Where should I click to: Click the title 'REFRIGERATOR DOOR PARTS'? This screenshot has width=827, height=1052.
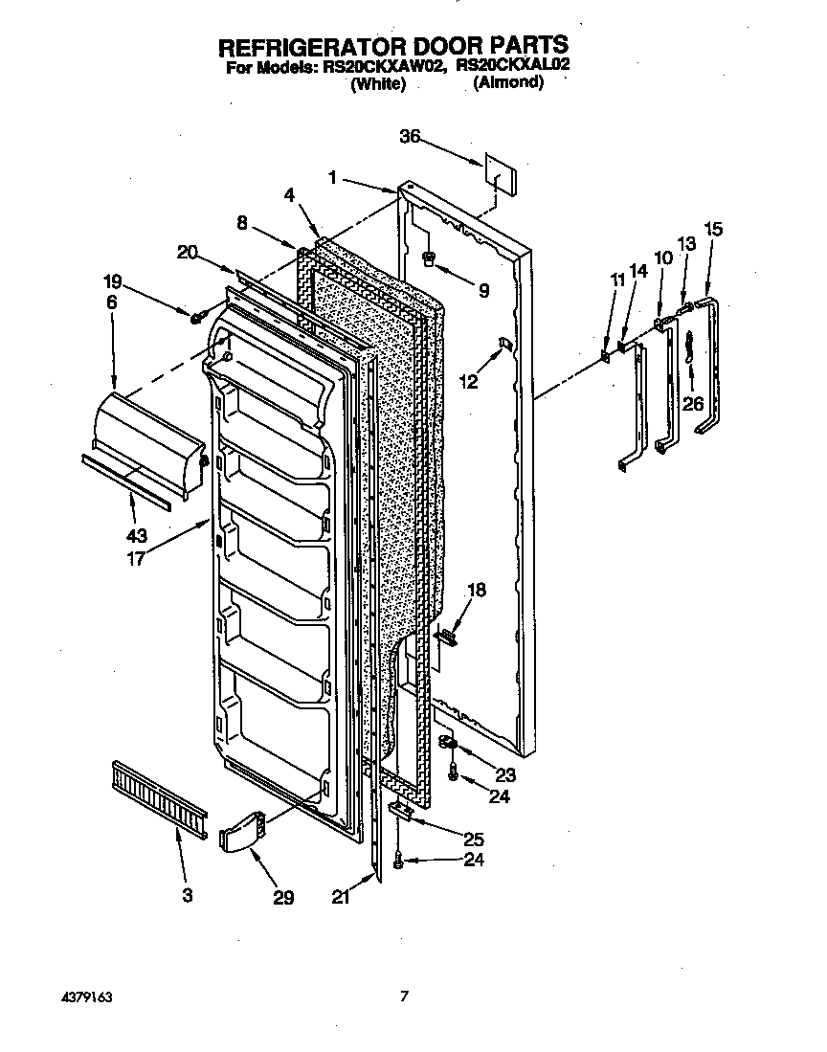click(x=394, y=45)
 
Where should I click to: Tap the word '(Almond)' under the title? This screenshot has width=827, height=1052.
click(x=508, y=83)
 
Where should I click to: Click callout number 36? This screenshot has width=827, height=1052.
click(x=410, y=137)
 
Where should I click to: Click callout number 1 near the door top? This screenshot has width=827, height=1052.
click(x=332, y=176)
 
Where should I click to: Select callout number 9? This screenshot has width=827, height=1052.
click(x=483, y=290)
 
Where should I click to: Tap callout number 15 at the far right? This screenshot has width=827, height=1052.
click(x=713, y=229)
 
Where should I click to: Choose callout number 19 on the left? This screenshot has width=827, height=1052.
click(x=113, y=281)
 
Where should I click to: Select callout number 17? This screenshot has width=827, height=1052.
click(x=136, y=559)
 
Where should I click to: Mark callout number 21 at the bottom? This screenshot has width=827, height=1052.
click(x=340, y=897)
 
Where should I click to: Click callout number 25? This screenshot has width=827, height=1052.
click(x=473, y=839)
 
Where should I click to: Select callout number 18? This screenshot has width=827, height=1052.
click(x=476, y=591)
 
